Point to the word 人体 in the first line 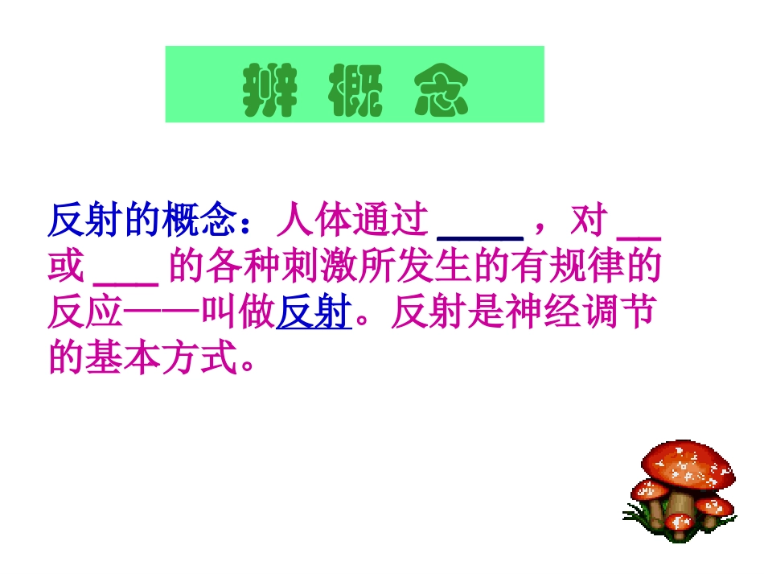point(313,221)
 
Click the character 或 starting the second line point(67,269)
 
